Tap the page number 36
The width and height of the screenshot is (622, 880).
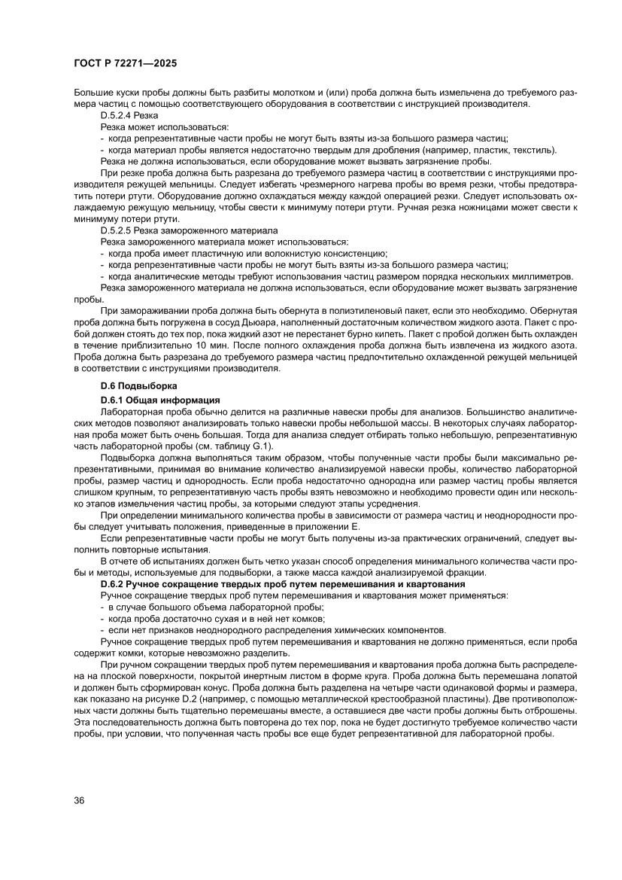pos(79,799)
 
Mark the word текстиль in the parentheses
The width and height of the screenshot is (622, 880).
pos(534,151)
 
